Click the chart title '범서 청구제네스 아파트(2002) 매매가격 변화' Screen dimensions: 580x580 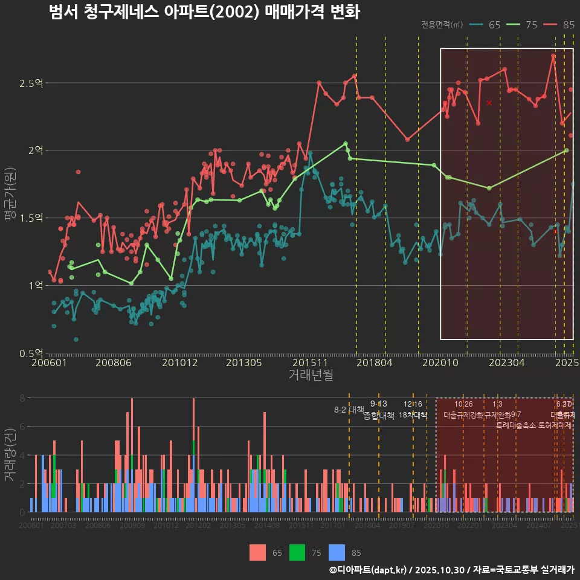[204, 12]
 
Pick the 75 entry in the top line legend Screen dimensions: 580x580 [523, 25]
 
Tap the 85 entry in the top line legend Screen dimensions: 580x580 [559, 25]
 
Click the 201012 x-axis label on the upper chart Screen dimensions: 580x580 [179, 363]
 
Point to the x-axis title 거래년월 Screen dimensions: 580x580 [311, 375]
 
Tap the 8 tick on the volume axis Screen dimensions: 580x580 [22, 398]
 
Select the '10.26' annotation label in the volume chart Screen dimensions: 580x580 [463, 404]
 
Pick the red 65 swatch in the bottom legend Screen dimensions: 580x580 [257, 552]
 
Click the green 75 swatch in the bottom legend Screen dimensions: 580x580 [297, 552]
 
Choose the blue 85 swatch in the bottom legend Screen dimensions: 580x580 [337, 552]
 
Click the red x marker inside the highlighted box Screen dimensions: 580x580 [489, 103]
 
